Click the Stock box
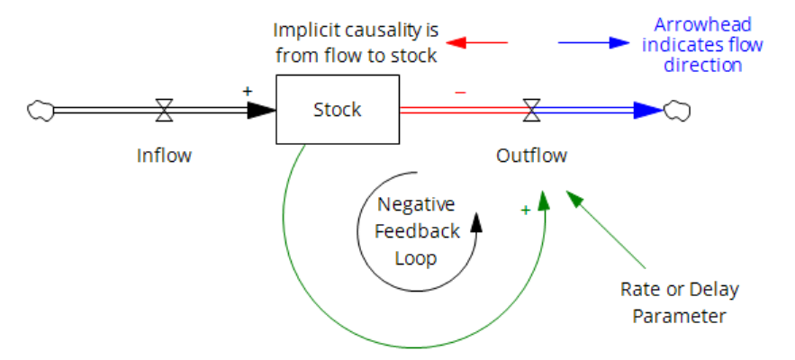[x=338, y=110]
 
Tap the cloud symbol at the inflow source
[x=41, y=111]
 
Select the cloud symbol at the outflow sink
[x=677, y=111]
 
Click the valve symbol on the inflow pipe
[x=164, y=110]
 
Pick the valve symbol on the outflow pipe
[x=531, y=110]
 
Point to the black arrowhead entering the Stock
[x=262, y=110]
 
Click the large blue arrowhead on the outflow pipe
[x=649, y=110]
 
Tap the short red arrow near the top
[x=476, y=42]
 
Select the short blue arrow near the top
[x=593, y=42]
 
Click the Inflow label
[x=164, y=156]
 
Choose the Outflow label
[x=531, y=156]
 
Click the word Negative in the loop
[x=416, y=205]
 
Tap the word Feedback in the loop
[x=417, y=231]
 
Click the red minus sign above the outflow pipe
[x=460, y=93]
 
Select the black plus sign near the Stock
[x=248, y=91]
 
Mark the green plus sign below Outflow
[x=526, y=210]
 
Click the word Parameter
[x=680, y=317]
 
